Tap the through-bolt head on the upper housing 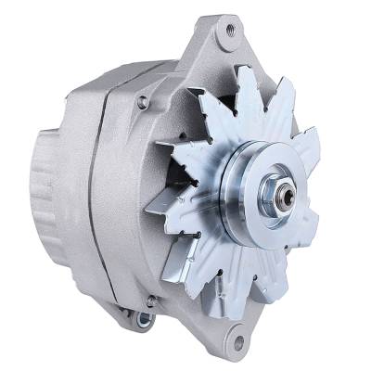(142, 101)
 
